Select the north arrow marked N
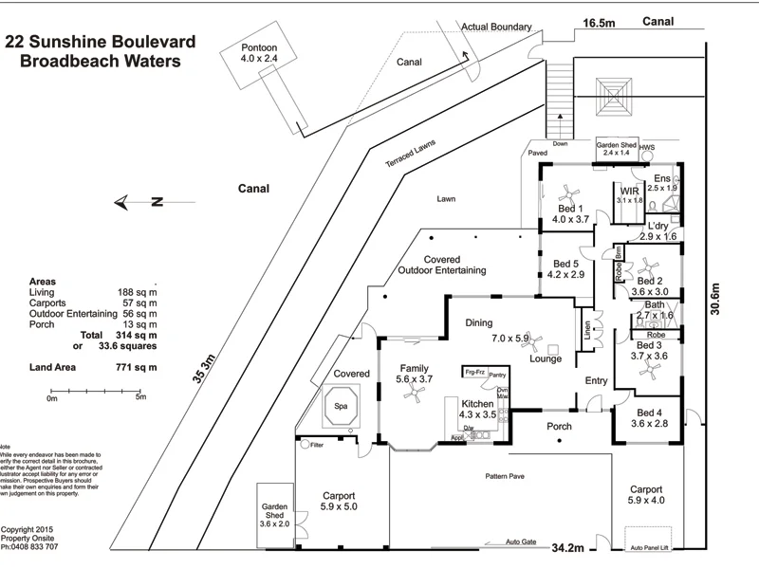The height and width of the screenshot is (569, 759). pos(139,201)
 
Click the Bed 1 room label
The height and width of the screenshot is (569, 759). pos(570,212)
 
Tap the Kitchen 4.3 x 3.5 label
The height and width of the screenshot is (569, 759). pos(477,409)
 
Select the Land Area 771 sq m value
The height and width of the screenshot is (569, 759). pos(137,366)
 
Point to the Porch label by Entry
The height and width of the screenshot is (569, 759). pos(560,427)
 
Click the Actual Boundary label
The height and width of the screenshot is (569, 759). pos(496,28)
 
